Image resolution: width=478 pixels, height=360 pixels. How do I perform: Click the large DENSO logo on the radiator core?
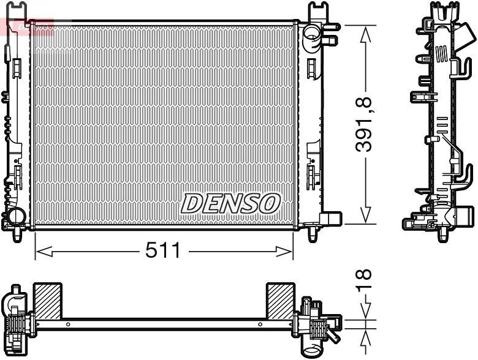[x=230, y=203]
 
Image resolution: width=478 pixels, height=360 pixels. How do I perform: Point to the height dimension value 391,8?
[x=366, y=123]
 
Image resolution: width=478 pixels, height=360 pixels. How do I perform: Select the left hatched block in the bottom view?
[x=47, y=301]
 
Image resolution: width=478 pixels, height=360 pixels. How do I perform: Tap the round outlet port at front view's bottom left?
[x=15, y=216]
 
